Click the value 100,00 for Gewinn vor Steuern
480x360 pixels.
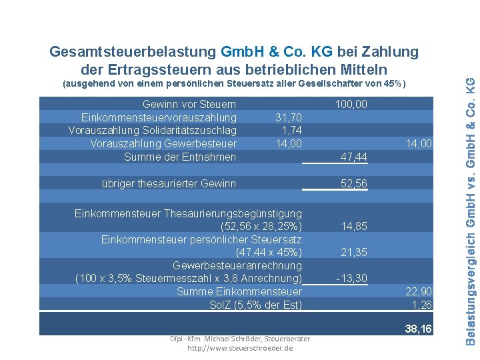point(351,105)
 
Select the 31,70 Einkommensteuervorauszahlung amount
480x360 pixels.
point(289,117)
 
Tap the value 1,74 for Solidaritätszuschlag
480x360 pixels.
point(292,131)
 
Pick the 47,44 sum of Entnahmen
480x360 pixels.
point(353,157)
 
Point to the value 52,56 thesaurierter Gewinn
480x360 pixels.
point(353,184)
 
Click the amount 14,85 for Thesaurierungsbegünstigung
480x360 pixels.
point(354,226)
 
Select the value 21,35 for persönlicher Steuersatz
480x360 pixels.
point(354,252)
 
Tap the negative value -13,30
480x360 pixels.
point(351,278)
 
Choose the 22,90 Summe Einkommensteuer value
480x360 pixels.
point(419,291)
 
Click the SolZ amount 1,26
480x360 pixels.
point(422,305)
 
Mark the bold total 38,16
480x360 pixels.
point(418,329)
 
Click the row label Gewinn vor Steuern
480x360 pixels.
point(189,105)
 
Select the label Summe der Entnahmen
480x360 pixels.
point(180,157)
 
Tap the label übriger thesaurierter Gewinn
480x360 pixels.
point(169,184)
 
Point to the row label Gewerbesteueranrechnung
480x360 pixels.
point(237,265)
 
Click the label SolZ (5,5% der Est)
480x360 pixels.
point(255,305)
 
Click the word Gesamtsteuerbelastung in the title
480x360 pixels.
point(133,51)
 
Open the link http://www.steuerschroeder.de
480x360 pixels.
point(240,348)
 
